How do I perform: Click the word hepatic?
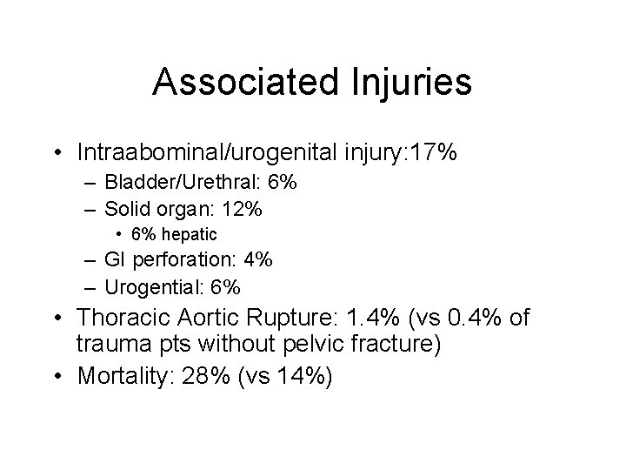[191, 233]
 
